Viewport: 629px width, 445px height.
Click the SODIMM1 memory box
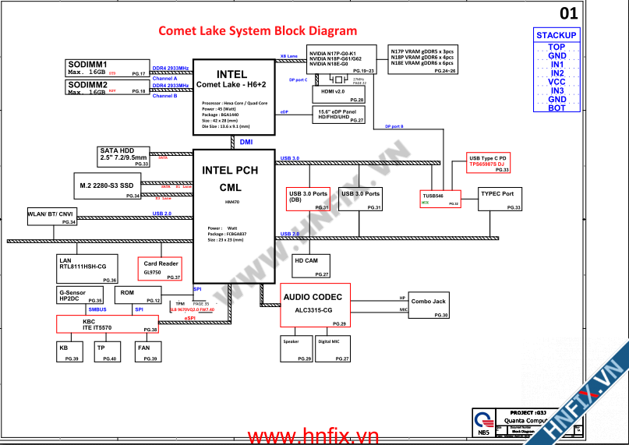click(x=108, y=67)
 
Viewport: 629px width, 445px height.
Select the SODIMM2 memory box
click(x=108, y=87)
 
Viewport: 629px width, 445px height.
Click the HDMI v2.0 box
click(x=337, y=94)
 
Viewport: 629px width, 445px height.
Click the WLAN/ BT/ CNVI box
click(x=51, y=217)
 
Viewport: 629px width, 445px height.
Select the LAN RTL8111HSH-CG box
click(x=87, y=268)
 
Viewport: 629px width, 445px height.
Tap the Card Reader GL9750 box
click(x=161, y=268)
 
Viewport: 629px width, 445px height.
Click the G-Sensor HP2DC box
click(x=80, y=295)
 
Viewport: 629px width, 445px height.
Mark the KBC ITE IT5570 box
click(x=108, y=325)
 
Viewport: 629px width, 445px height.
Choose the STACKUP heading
click(x=557, y=35)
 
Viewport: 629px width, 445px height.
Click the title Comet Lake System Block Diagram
click(x=257, y=31)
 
